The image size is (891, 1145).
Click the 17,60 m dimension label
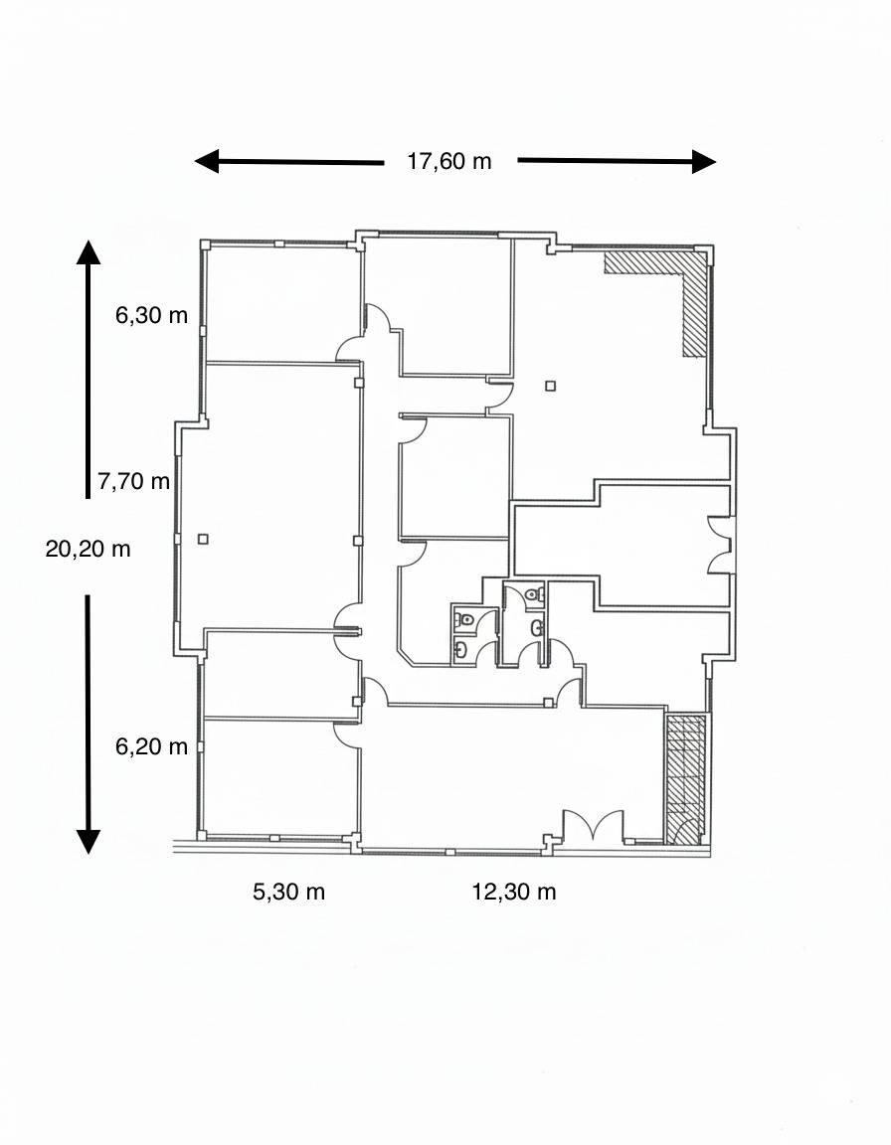pyautogui.click(x=449, y=161)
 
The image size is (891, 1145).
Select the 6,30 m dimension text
pyautogui.click(x=151, y=315)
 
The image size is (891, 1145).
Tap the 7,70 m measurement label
pyautogui.click(x=133, y=481)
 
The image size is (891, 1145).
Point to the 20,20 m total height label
pyautogui.click(x=88, y=549)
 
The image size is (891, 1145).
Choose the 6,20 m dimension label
pyautogui.click(x=151, y=746)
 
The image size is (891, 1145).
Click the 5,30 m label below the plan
pyautogui.click(x=288, y=892)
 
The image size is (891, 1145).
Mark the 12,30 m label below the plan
pyautogui.click(x=514, y=892)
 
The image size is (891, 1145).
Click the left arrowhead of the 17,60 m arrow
pyautogui.click(x=207, y=161)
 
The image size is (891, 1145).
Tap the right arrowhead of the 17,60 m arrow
pyautogui.click(x=704, y=161)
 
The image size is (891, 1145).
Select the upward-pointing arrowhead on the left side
pyautogui.click(x=89, y=251)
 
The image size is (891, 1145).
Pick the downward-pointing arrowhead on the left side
pyautogui.click(x=89, y=842)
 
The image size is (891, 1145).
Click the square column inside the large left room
pyautogui.click(x=203, y=539)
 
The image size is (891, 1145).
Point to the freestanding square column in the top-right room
pyautogui.click(x=551, y=386)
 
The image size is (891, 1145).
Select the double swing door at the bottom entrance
pyautogui.click(x=594, y=827)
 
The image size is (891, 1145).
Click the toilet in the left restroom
pyautogui.click(x=464, y=620)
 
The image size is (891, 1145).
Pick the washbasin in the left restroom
pyautogui.click(x=460, y=647)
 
